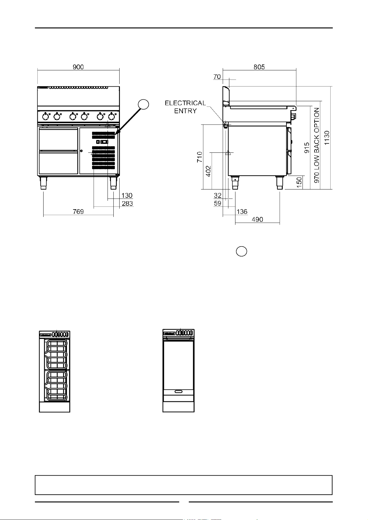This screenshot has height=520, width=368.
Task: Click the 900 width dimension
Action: (78, 67)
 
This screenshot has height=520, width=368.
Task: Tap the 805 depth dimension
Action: (259, 67)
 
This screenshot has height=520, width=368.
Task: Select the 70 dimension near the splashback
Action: (217, 77)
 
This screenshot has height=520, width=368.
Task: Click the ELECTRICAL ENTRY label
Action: (185, 107)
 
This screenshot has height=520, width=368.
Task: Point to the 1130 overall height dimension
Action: (327, 138)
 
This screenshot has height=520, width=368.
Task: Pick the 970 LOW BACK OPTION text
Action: (317, 145)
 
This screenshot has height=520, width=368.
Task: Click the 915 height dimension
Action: (307, 148)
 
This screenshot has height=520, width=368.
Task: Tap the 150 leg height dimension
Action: (299, 181)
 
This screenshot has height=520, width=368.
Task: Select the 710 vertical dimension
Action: (200, 157)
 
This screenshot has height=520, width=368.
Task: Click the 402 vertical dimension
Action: (209, 171)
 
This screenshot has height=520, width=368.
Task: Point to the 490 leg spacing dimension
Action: (257, 220)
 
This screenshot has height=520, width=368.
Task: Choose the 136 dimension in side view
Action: (242, 212)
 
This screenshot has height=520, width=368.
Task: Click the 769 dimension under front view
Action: (78, 212)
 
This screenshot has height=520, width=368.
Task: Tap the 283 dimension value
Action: (127, 204)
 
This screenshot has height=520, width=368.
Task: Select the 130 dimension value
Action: (127, 195)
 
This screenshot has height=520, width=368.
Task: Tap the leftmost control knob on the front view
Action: (46, 117)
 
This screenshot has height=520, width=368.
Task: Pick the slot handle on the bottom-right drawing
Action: (179, 392)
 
